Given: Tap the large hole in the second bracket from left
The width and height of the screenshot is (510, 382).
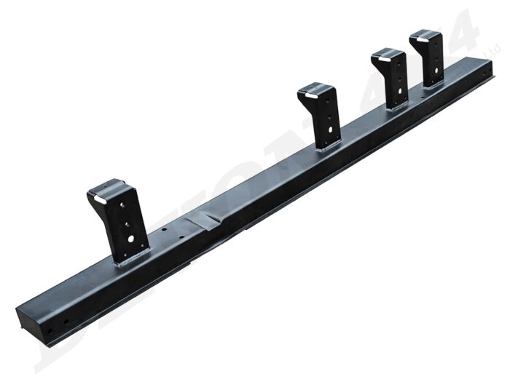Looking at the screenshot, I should (x=333, y=132).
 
